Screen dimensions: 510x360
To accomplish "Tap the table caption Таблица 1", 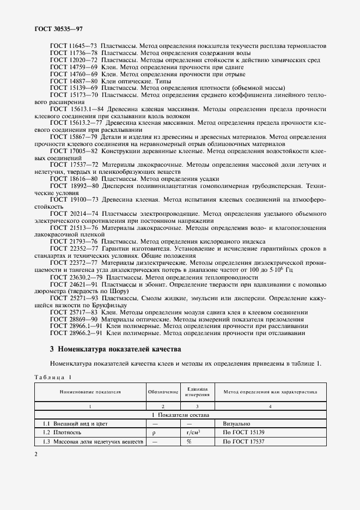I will (54, 377).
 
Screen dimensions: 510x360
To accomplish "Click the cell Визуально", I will (236, 423).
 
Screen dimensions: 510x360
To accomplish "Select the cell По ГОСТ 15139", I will (243, 432).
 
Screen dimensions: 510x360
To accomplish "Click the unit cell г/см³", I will (197, 432).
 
